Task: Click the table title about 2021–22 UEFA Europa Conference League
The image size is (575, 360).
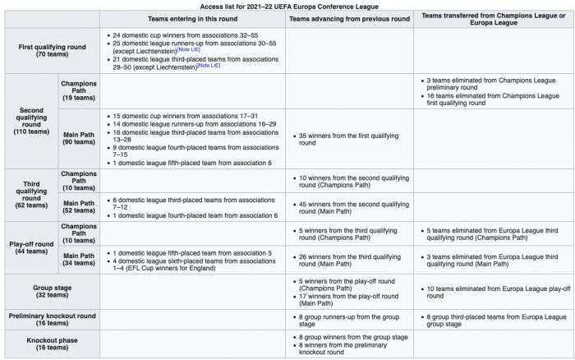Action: coord(287,5)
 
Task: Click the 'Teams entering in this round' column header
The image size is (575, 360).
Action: coord(193,18)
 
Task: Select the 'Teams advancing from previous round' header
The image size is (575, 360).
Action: coord(348,18)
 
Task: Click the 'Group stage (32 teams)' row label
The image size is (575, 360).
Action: coord(51,289)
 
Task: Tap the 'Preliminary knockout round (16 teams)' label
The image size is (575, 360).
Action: coord(51,319)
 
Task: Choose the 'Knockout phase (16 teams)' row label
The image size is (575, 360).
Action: coord(51,344)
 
